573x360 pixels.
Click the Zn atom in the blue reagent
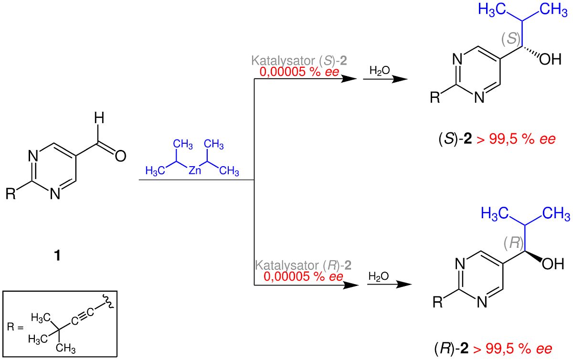click(x=195, y=170)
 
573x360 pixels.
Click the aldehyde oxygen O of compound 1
click(x=120, y=156)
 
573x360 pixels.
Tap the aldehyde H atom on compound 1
click(x=99, y=118)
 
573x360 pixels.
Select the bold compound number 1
click(x=57, y=255)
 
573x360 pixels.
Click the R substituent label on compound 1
click(x=11, y=193)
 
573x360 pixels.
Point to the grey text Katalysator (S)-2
click(x=299, y=61)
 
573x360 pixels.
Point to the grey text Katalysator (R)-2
click(x=303, y=265)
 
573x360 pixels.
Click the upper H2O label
click(x=380, y=70)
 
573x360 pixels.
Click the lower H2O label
click(x=379, y=276)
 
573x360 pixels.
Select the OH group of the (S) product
click(x=550, y=59)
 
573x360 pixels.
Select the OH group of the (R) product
click(x=553, y=264)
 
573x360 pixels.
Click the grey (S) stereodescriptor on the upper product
click(x=511, y=38)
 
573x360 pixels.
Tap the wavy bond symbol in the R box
click(x=109, y=301)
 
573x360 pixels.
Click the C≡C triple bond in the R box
click(x=82, y=317)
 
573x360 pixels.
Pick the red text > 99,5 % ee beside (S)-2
click(x=516, y=139)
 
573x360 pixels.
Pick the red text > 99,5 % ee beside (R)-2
click(x=512, y=349)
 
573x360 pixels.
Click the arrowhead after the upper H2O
click(x=400, y=79)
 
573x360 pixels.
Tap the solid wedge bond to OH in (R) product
click(x=533, y=256)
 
